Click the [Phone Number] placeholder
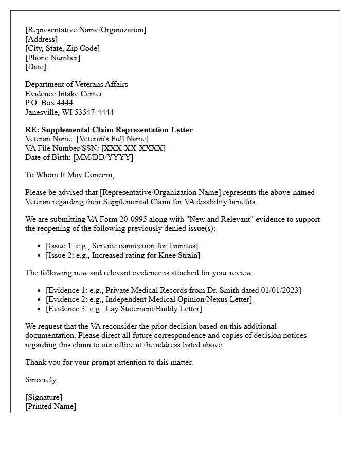(52, 58)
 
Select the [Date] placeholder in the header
(35, 67)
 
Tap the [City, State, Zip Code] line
(62, 48)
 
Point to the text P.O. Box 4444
(49, 103)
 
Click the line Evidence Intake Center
(64, 94)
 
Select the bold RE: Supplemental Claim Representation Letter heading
(109, 130)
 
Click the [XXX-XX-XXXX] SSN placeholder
(133, 148)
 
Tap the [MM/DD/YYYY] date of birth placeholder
(103, 157)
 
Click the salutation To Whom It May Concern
(70, 175)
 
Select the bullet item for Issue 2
(123, 255)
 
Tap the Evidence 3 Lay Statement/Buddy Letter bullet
(124, 309)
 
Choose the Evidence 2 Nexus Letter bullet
(149, 299)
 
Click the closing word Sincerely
(41, 380)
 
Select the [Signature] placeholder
(44, 397)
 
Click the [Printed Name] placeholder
(50, 406)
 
